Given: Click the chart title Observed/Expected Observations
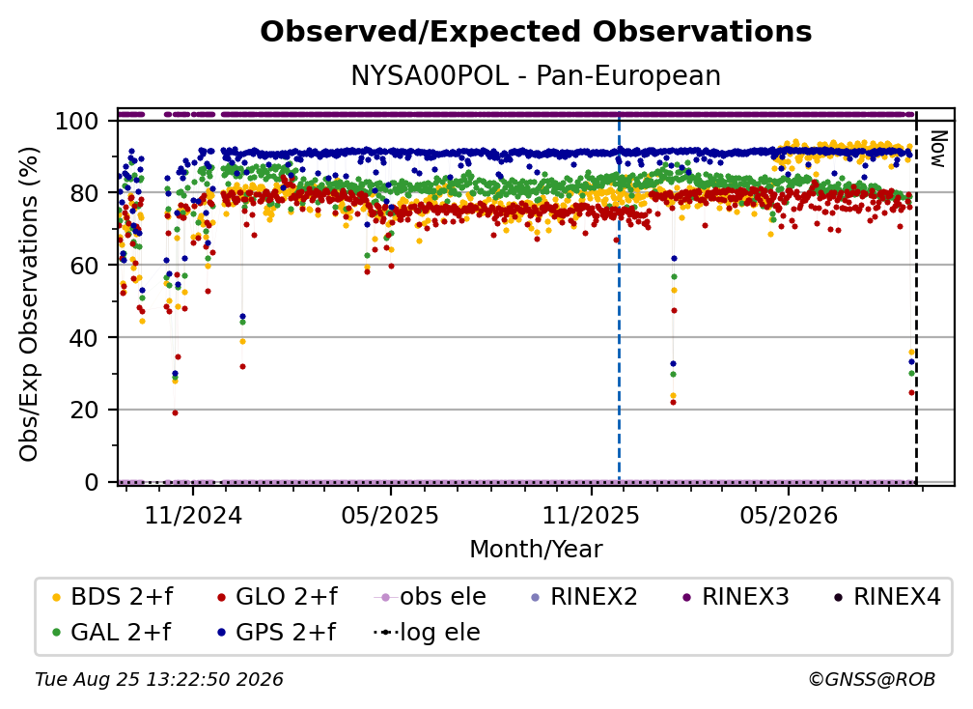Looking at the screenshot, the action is (536, 32).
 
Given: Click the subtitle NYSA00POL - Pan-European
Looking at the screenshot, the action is (536, 76).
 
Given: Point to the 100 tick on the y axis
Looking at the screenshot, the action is (77, 121).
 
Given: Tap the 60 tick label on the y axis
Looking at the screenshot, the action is (84, 266).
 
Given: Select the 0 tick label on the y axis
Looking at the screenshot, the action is (92, 482).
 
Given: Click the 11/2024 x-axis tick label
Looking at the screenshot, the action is (193, 515).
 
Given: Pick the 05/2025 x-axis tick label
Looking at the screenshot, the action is (390, 515).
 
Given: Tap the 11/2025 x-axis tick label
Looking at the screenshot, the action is (591, 515).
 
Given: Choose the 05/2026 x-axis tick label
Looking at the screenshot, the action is (789, 515).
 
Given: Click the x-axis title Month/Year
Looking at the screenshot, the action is (536, 550).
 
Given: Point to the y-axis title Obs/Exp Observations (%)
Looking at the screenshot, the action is (29, 304).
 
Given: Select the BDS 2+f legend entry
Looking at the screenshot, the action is (112, 597).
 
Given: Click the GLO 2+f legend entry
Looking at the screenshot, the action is (277, 597).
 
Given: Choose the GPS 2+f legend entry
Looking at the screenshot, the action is (276, 633).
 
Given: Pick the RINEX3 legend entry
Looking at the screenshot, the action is (736, 597).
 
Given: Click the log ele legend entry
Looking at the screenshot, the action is (427, 633).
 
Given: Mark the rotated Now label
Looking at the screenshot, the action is (937, 149).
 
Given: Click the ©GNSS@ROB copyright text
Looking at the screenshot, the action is (872, 680).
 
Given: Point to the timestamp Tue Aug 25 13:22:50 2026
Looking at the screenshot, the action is (159, 680).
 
